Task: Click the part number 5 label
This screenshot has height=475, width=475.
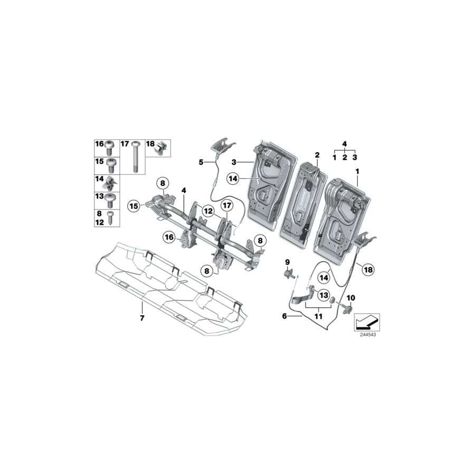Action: [201, 163]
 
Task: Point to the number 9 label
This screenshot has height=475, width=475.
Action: [288, 262]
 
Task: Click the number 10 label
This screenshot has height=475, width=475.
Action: [350, 298]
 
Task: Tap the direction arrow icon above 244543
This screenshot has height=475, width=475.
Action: [366, 321]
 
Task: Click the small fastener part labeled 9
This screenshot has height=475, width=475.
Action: [290, 273]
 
